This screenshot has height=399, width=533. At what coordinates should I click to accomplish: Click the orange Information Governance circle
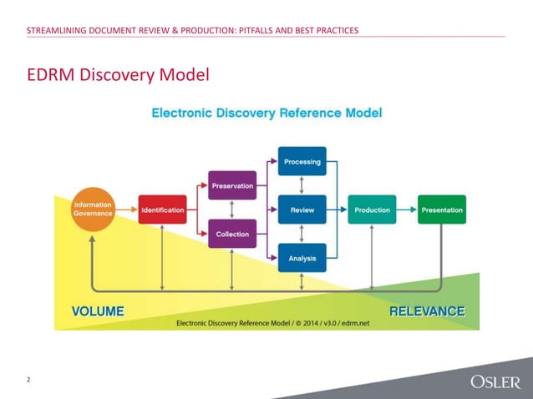tap(93, 210)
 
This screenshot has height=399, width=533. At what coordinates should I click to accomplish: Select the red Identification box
tap(162, 210)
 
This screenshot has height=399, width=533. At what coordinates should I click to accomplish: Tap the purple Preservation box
tap(232, 186)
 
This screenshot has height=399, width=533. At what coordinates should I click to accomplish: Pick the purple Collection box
tap(232, 235)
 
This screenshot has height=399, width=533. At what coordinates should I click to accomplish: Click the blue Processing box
tap(302, 162)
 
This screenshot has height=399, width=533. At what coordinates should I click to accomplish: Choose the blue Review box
tap(302, 210)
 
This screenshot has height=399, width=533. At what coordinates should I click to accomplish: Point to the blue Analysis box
tap(302, 259)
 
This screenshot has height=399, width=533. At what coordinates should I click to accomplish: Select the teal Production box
tap(372, 210)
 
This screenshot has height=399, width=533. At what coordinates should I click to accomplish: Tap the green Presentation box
tap(442, 210)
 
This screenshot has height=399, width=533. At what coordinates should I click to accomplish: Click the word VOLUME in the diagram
tap(98, 311)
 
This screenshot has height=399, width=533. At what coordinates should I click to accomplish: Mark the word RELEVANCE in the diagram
tap(426, 311)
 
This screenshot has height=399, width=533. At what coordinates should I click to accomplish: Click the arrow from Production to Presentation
tap(407, 210)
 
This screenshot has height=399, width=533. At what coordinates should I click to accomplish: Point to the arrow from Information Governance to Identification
tap(125, 210)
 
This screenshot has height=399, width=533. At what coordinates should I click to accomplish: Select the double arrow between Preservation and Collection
tap(232, 210)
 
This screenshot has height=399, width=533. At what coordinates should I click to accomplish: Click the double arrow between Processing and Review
tap(302, 186)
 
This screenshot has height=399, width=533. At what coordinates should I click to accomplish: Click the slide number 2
tap(28, 381)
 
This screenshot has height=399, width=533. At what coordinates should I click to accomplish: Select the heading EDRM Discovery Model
tap(117, 76)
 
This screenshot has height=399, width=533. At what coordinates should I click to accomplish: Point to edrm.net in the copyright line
tap(355, 323)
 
